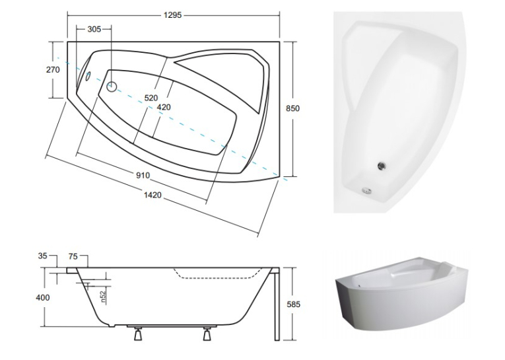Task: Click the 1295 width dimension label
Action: [x=173, y=15]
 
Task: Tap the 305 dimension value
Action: [x=94, y=29]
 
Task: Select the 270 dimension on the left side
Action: [x=53, y=69]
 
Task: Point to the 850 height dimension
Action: [x=292, y=108]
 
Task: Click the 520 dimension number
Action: [x=151, y=98]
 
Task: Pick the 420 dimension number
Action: [x=164, y=107]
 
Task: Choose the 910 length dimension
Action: [x=143, y=175]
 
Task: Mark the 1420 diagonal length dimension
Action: [x=152, y=195]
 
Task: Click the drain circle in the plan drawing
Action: [x=112, y=87]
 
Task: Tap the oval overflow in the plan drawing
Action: [x=88, y=76]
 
